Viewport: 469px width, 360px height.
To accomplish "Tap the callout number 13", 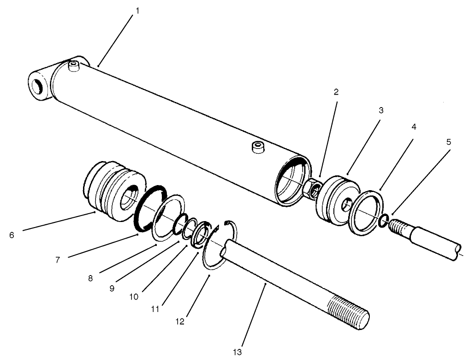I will pos(237,353).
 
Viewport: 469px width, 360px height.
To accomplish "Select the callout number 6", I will pos(12,235).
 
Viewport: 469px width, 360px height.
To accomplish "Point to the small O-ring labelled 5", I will pos(382,222).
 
